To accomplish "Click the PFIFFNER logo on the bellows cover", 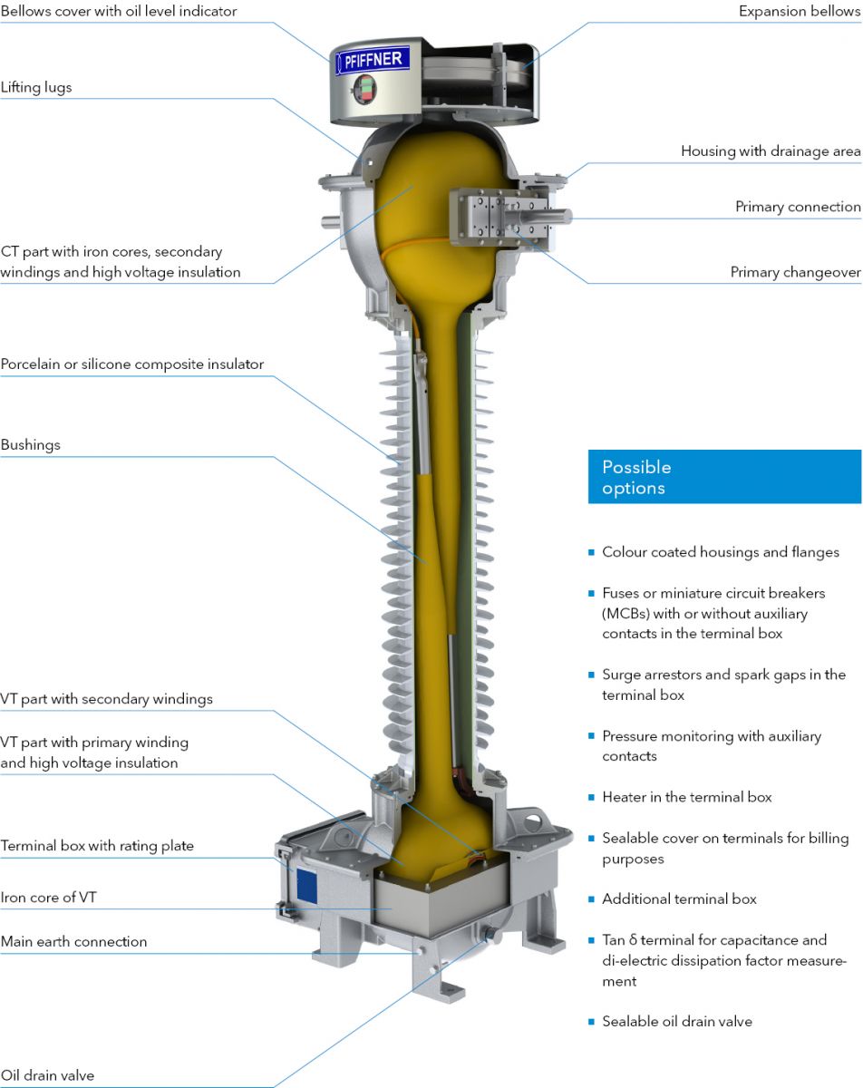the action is click(373, 61).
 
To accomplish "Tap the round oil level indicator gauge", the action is click(364, 89).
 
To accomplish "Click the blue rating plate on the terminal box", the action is click(306, 886).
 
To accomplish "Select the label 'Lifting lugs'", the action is click(36, 87).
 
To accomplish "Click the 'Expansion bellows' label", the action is click(800, 11).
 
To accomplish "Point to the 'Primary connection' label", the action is click(798, 207).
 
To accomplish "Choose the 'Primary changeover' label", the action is click(795, 272).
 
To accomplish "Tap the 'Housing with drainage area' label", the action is click(771, 151).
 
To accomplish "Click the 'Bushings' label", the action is click(30, 445).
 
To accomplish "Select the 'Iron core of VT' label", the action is click(49, 897).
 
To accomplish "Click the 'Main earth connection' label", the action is click(73, 941).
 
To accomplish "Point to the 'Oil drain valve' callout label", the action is click(47, 1075).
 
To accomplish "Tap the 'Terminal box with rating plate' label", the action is click(97, 845).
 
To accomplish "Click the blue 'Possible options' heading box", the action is click(724, 476).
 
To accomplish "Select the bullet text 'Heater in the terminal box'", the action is click(687, 797).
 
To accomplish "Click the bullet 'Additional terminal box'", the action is click(679, 899).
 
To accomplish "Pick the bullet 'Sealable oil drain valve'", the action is click(677, 1021).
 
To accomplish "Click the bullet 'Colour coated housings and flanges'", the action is click(721, 551).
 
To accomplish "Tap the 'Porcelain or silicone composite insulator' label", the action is click(132, 364).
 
